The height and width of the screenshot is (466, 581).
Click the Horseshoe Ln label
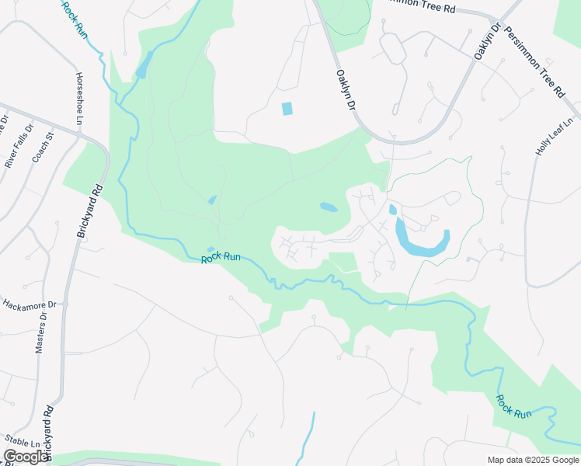(x=79, y=99)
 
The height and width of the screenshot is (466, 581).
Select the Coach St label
(x=43, y=147)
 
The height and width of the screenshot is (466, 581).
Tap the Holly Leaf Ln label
(x=555, y=136)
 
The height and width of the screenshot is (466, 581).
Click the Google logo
(x=26, y=457)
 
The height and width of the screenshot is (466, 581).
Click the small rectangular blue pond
(x=287, y=109)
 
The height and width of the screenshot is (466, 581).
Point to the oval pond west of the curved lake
(x=329, y=207)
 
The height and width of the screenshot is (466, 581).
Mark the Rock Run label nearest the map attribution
(x=514, y=406)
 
